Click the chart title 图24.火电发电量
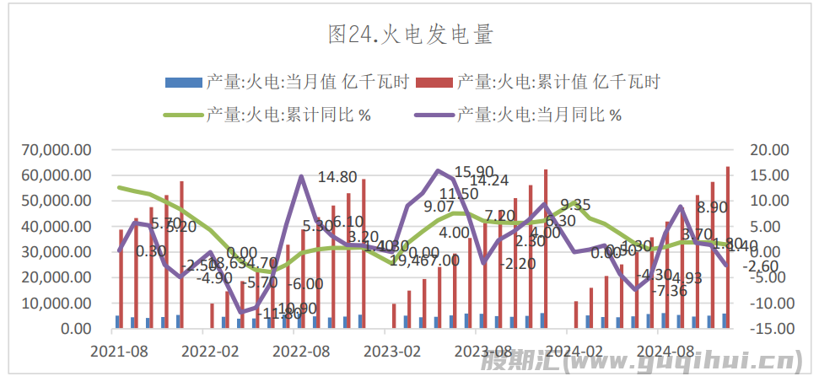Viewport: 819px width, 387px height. tap(410, 35)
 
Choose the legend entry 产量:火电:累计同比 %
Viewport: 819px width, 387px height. tap(287, 115)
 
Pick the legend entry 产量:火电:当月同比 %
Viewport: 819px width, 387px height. tap(539, 115)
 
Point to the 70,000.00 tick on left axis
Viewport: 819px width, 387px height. tap(57, 150)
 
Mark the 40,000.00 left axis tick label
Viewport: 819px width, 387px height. tap(57, 227)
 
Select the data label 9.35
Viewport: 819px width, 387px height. tap(574, 205)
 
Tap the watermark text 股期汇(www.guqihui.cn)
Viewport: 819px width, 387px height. tap(640, 363)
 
